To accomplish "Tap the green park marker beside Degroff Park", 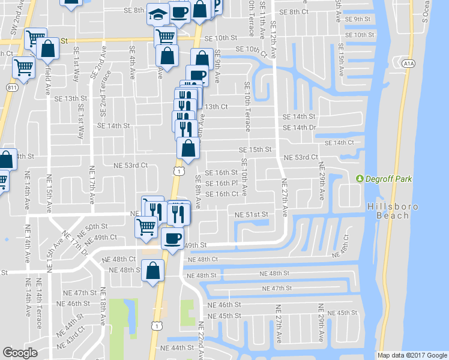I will tap(360, 179).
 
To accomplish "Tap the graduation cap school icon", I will tap(158, 14).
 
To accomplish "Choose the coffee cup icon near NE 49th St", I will tap(173, 238).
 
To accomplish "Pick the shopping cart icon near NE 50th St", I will tap(146, 227).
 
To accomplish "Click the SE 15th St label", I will tap(256, 149).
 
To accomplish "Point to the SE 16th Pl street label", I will tap(222, 183).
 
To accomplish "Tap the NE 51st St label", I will tap(250, 214).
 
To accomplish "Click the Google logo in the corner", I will tap(20, 353).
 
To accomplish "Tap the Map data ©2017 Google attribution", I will tap(412, 355).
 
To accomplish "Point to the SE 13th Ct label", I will tap(216, 106).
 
